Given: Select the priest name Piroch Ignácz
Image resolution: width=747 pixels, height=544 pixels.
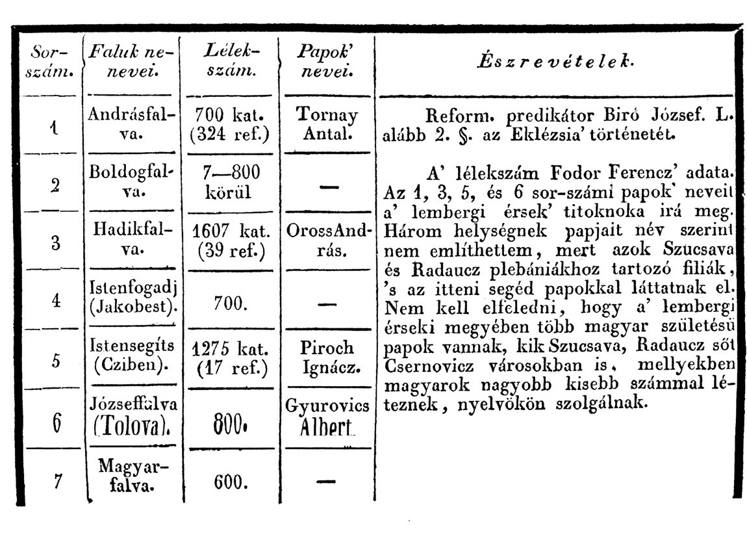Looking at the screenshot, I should point(327,357).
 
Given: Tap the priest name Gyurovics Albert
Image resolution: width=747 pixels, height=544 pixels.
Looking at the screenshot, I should point(327,417).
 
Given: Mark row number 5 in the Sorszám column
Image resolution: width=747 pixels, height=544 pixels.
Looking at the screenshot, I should point(56,361).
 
